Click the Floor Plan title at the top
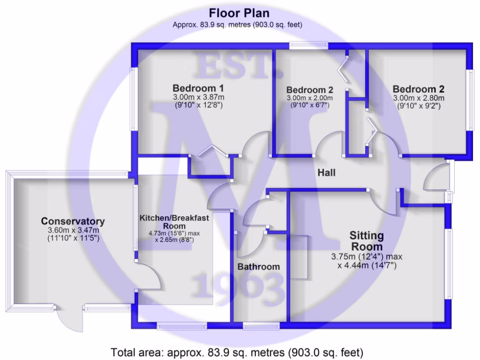[x=239, y=13]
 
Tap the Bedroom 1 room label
[x=198, y=88]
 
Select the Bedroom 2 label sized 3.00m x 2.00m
[x=310, y=90]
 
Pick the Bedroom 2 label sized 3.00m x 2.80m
[x=418, y=89]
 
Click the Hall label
[x=327, y=172]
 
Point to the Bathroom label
[x=258, y=267]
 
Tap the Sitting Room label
[x=367, y=240]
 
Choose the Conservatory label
[x=73, y=221]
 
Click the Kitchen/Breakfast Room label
[x=174, y=222]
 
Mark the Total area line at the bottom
[x=237, y=352]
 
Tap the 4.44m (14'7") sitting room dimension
[x=367, y=266]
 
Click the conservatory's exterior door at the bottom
[x=69, y=319]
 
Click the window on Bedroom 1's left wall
[x=134, y=99]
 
